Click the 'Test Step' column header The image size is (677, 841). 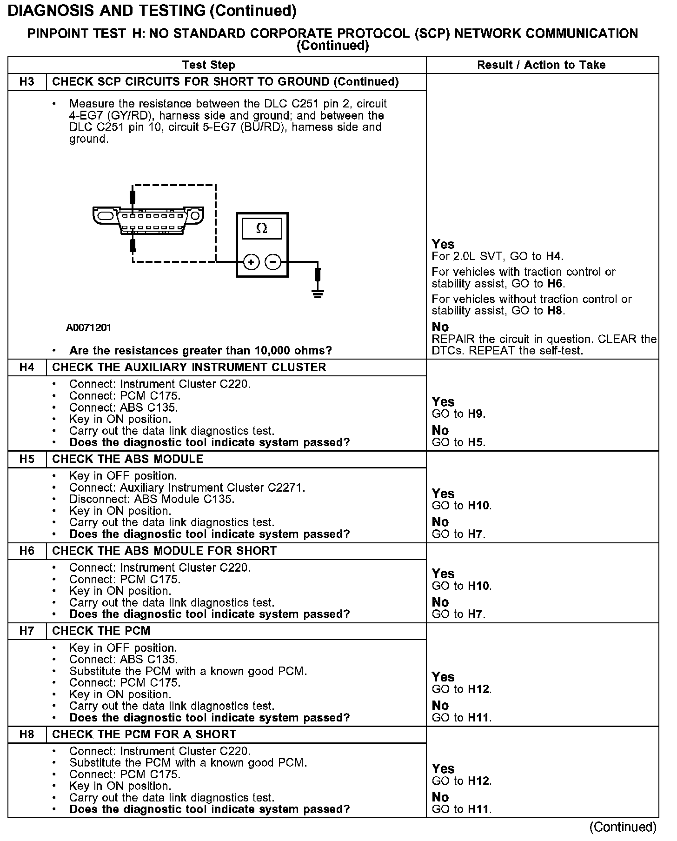coord(209,65)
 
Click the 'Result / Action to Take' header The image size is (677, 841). coord(541,65)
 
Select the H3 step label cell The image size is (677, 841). coord(27,82)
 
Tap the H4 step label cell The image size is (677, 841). coord(27,367)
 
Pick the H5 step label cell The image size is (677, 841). coord(27,459)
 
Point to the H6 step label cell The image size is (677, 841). coord(27,551)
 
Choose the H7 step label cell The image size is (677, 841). coord(27,631)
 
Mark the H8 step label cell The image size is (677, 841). coord(27,734)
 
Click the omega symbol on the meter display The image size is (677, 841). coord(262,228)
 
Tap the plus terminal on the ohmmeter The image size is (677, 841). coord(251,262)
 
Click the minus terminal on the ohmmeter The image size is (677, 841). coord(272,262)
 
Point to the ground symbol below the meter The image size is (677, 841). coord(318,294)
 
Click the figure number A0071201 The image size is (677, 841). coord(88,327)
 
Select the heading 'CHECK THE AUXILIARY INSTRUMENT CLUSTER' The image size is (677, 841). coord(189,367)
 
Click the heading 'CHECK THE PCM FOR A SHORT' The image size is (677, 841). coord(144,734)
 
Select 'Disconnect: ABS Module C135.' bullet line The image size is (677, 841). coord(152,499)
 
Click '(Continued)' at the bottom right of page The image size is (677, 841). coord(623,827)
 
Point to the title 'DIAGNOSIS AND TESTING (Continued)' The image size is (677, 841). coord(152,11)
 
